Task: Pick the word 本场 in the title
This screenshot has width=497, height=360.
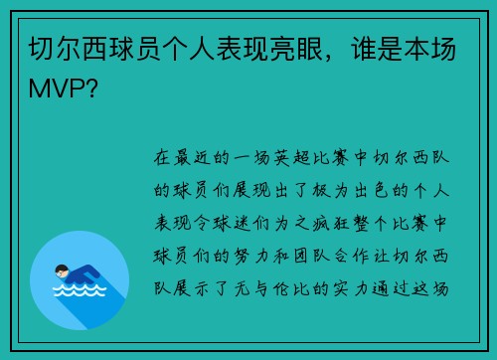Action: click(432, 49)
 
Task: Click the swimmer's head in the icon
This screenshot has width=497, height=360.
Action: click(62, 270)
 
